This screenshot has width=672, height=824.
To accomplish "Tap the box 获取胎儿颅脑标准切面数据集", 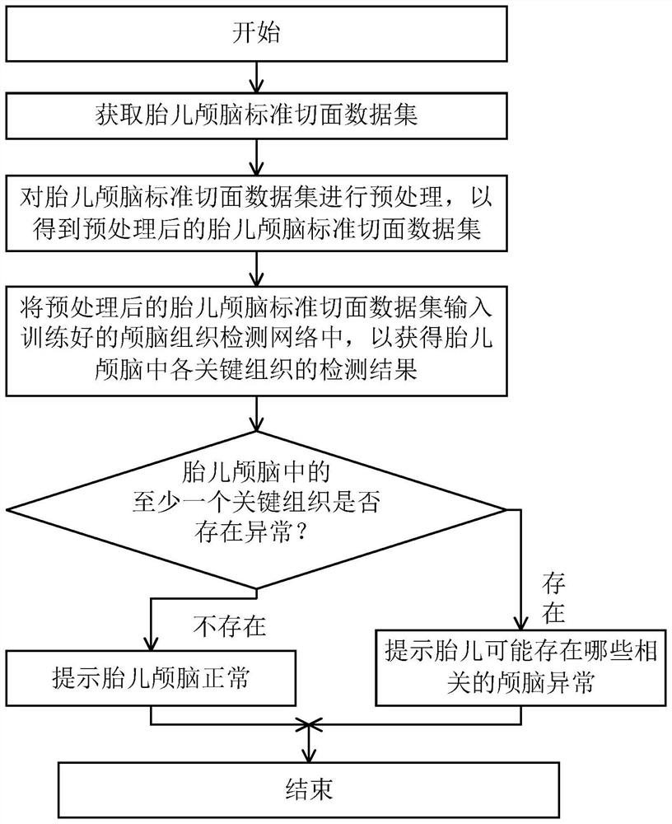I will pos(257,115).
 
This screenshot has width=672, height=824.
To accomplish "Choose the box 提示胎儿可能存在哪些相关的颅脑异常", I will pos(520,667).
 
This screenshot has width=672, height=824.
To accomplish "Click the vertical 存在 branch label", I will pos(553,598).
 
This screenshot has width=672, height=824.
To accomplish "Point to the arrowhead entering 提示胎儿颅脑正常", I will pos(151,645).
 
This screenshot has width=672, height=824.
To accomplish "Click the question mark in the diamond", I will pos(302,532).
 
